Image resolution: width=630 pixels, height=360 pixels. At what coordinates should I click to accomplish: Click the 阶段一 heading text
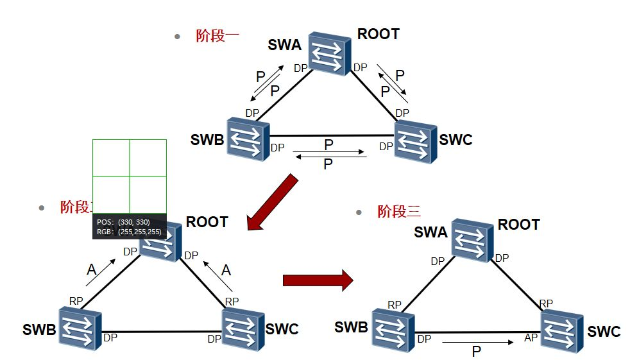tap(217, 36)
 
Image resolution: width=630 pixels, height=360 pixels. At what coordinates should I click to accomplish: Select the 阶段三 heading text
tap(398, 211)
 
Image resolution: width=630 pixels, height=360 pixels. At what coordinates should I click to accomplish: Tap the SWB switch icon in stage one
tap(248, 139)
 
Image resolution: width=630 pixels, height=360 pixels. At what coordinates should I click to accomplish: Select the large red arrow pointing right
tap(318, 280)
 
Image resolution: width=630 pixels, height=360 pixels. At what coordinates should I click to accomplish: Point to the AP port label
tap(531, 337)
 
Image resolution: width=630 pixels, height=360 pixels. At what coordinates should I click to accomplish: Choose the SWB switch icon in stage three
tap(392, 329)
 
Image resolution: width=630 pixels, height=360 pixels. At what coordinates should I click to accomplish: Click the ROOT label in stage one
tap(378, 34)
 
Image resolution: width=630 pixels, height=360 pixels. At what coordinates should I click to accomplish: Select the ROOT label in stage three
tap(518, 225)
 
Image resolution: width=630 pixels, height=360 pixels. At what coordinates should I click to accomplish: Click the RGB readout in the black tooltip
tap(128, 232)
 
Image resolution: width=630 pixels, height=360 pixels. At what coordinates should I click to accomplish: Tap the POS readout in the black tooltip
tap(123, 221)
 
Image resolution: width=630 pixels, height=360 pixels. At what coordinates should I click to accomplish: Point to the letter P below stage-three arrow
tap(476, 352)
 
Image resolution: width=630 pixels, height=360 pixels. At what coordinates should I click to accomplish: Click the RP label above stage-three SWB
tap(395, 304)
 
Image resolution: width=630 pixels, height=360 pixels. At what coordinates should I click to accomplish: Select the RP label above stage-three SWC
tap(546, 303)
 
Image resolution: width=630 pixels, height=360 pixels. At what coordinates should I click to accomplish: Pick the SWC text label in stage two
tap(282, 329)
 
